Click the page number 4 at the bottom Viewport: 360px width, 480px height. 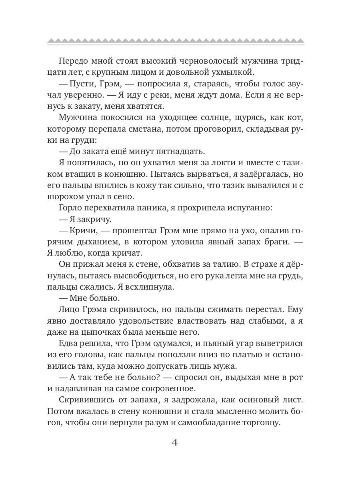[174, 443]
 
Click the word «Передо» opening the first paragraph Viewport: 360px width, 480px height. [74, 61]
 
